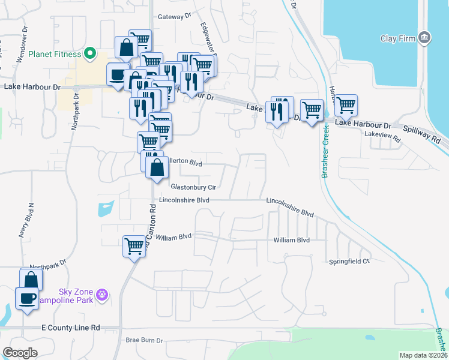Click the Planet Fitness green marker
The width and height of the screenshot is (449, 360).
coord(90,54)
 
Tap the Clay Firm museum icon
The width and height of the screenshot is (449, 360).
coord(424,38)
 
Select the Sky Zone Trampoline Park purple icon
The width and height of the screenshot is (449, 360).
coord(103,295)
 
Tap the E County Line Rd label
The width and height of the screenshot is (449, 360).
coord(70,328)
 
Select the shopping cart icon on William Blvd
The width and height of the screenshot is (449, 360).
coord(134,245)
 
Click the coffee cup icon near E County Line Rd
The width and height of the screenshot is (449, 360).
coord(27,298)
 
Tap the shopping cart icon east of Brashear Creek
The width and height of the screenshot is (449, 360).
coord(346,104)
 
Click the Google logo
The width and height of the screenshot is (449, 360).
coord(20,353)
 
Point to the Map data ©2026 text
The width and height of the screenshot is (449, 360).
coord(423,355)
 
